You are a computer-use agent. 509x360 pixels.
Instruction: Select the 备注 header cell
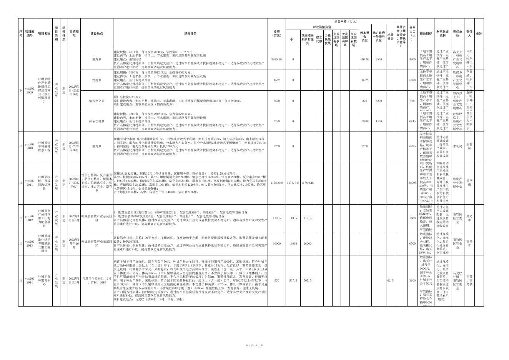pos(479,33)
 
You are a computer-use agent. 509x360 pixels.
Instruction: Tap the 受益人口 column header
pos(413,33)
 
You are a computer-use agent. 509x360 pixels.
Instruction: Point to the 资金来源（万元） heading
pos(346,21)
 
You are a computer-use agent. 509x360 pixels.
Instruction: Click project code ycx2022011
pos(30,183)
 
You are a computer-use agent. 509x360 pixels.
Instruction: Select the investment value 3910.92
pos(276,60)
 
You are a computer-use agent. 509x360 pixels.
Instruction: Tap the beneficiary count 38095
pos(413,183)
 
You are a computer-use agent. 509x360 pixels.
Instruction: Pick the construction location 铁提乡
pos(96,80)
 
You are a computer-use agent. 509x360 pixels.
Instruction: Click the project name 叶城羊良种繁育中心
pos(44,280)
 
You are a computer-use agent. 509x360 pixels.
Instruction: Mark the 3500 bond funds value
pos(379,60)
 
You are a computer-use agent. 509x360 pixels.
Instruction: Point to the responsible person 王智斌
pos(469,146)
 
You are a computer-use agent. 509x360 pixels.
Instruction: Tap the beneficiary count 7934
pos(413,101)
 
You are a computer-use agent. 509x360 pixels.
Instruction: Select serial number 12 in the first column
pos(21,218)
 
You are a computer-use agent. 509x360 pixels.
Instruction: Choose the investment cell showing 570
pos(276,280)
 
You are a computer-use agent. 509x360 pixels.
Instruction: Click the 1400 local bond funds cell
pos(379,121)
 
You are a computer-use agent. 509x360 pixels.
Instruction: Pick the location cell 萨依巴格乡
pos(96,121)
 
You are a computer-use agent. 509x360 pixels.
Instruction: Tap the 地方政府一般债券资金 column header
pos(379,37)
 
